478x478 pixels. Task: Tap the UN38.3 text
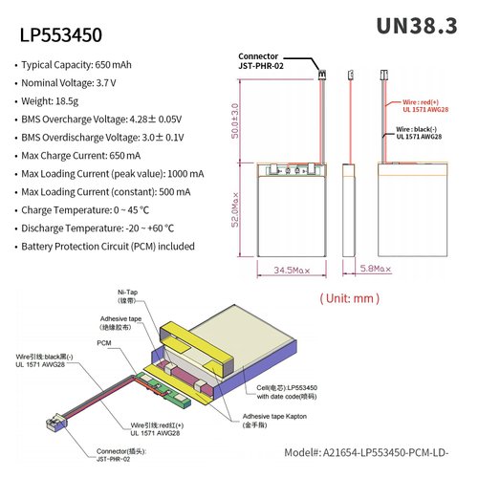417,26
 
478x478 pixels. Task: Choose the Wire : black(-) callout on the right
418,132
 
